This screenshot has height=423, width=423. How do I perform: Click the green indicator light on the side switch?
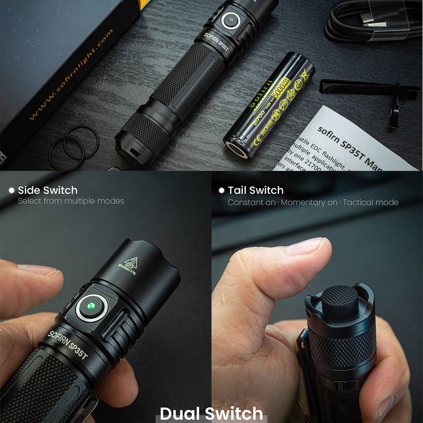(91, 306)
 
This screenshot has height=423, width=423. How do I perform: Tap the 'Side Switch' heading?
(48, 190)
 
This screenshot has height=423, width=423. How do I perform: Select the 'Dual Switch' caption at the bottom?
(212, 413)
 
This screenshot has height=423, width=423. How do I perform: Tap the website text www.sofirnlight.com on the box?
(72, 74)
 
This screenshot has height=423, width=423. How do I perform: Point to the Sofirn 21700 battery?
(270, 103)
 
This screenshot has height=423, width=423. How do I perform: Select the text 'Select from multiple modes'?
(71, 201)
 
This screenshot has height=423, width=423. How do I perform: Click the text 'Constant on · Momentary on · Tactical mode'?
(312, 203)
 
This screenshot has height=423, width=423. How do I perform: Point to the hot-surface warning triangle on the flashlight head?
(131, 261)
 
